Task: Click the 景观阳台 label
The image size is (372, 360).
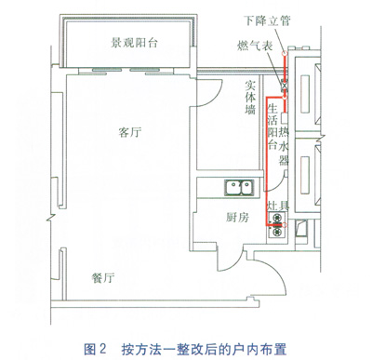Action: click(135, 42)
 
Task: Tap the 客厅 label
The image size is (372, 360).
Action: click(130, 132)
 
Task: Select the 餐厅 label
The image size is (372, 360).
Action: click(103, 277)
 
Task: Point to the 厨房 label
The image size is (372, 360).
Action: click(237, 218)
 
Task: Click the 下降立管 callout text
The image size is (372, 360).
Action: click(267, 20)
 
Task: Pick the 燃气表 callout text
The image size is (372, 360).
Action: click(255, 46)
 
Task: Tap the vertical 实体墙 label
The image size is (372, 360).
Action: click(250, 98)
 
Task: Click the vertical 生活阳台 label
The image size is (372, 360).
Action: click(272, 127)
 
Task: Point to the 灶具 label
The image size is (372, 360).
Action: click(278, 205)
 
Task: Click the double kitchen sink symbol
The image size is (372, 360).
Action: click(239, 188)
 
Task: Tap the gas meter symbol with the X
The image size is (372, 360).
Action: click(284, 85)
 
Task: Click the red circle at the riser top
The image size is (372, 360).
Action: click(284, 53)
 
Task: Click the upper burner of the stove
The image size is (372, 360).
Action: click(277, 218)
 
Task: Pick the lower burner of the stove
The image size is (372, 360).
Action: click(277, 231)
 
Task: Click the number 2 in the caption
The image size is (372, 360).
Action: click(102, 349)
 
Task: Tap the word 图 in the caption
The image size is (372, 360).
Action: click(90, 349)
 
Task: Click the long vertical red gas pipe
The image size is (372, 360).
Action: click(267, 161)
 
